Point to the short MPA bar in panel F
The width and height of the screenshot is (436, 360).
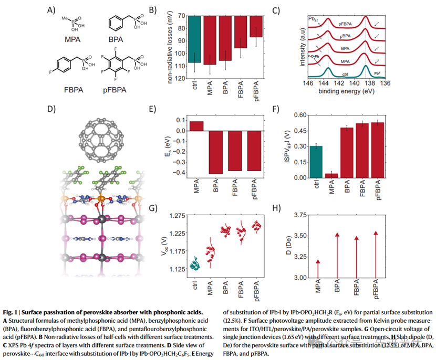pos(332,175)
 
